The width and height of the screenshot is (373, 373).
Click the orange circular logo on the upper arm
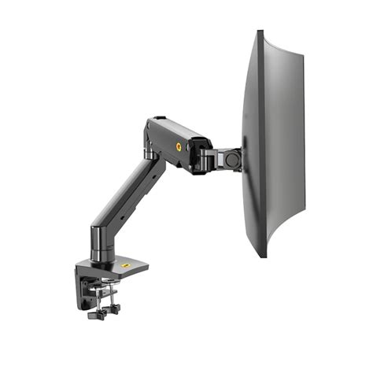[x=179, y=146]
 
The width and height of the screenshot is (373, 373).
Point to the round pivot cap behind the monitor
[x=233, y=158]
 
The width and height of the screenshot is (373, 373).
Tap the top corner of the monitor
[x=260, y=33]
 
